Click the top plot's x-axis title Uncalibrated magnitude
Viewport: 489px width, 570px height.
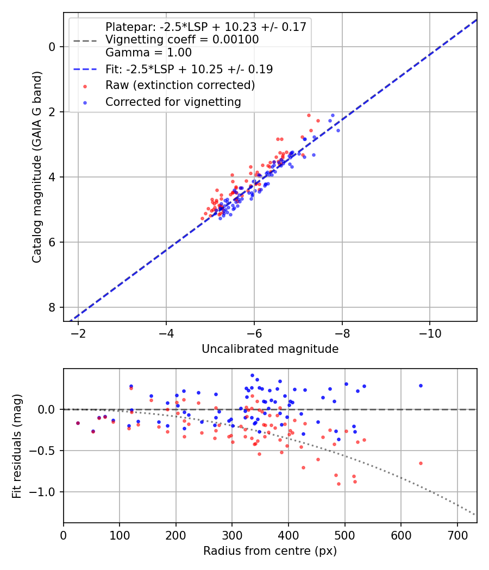click(x=270, y=349)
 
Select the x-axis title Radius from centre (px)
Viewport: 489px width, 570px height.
click(x=270, y=551)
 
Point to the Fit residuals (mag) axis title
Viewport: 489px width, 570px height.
click(x=16, y=445)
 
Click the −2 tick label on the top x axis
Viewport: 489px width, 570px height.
click(x=78, y=333)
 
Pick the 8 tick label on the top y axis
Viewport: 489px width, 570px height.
click(x=52, y=307)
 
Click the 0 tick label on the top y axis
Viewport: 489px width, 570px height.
click(x=52, y=47)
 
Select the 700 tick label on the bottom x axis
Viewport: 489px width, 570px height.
click(x=457, y=534)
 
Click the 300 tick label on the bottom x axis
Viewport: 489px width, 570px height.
click(x=232, y=534)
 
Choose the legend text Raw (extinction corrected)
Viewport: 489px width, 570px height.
click(x=180, y=85)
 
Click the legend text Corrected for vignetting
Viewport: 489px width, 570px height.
click(x=173, y=102)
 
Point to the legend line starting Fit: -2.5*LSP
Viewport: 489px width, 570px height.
click(x=189, y=69)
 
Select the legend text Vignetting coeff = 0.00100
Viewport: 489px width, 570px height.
click(x=182, y=40)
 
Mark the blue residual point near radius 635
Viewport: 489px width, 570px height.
click(x=421, y=385)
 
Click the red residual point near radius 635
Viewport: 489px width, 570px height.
click(x=421, y=463)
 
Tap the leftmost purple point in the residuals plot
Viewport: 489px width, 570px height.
click(x=78, y=423)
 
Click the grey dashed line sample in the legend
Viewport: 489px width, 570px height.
click(x=85, y=40)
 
